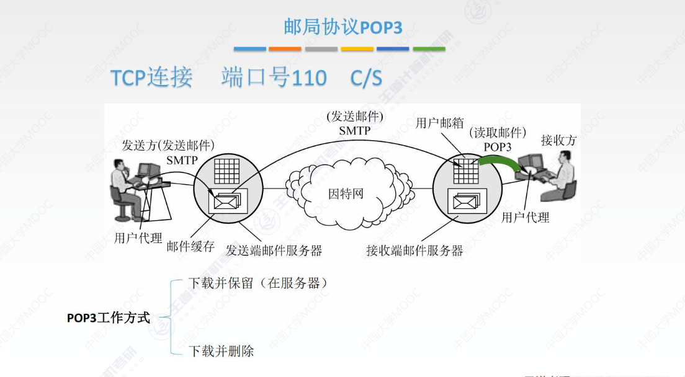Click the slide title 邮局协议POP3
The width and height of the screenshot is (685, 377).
tap(342, 27)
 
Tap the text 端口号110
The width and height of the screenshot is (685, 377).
tap(274, 78)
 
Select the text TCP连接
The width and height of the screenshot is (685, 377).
tap(151, 78)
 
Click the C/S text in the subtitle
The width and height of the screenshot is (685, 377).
tap(366, 78)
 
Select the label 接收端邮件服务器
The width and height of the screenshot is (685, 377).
tap(414, 251)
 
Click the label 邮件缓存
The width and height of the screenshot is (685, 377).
tap(190, 246)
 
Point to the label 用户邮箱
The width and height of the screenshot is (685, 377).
tap(439, 123)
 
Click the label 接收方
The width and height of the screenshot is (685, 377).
tap(558, 140)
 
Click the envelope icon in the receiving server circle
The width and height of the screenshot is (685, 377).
tap(466, 201)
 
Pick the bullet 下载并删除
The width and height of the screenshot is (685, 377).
tap(221, 351)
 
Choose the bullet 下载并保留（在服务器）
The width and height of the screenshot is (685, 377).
tap(257, 283)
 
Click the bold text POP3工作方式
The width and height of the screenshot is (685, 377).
tap(109, 318)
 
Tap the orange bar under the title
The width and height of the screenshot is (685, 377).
tap(285, 49)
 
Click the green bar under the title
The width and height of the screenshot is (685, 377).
tap(429, 49)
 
